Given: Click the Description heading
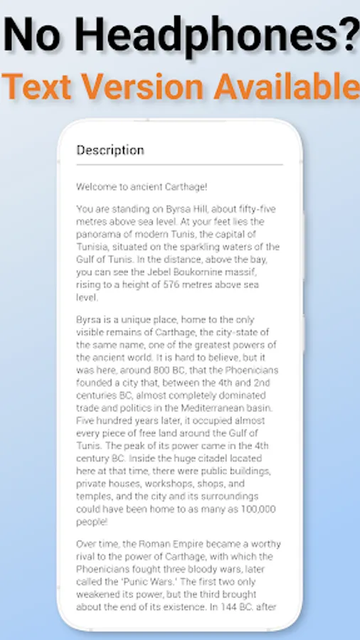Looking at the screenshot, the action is (x=110, y=150).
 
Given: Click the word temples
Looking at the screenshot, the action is (x=96, y=496).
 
